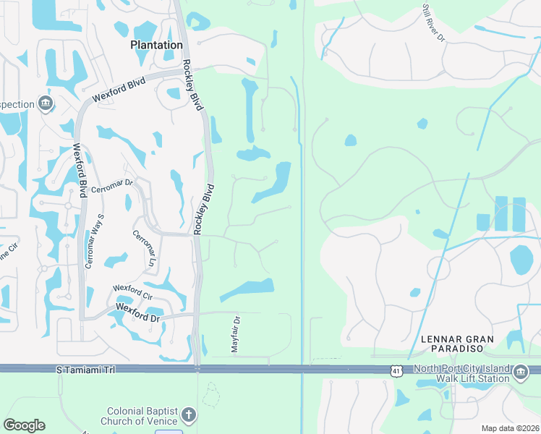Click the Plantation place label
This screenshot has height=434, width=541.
click(156, 45)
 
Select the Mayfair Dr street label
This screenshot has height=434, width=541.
click(235, 333)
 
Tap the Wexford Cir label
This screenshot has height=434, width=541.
click(132, 292)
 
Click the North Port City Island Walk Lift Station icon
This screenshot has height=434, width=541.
click(521, 374)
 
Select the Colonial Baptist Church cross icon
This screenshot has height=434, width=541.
click(188, 415)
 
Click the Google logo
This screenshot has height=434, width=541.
click(24, 425)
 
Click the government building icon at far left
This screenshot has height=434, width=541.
click(46, 104)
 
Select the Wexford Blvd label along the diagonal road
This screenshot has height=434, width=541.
click(119, 91)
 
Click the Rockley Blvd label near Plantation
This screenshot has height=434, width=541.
click(192, 84)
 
